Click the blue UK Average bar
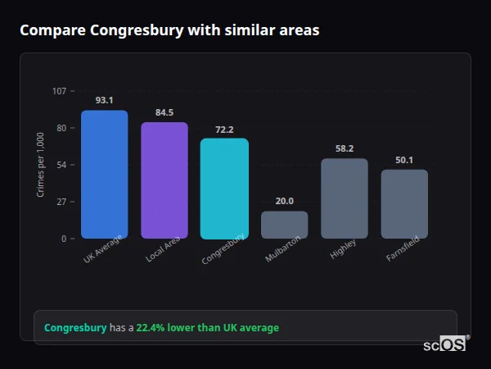pyautogui.click(x=104, y=175)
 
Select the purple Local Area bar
pyautogui.click(x=164, y=180)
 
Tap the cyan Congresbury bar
pyautogui.click(x=224, y=189)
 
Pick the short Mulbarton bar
pyautogui.click(x=284, y=225)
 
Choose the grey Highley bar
pyautogui.click(x=344, y=198)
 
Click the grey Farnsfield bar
pyautogui.click(x=404, y=203)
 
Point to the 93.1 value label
pyautogui.click(x=104, y=100)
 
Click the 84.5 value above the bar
pyautogui.click(x=164, y=112)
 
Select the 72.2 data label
pyautogui.click(x=224, y=129)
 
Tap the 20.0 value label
pyautogui.click(x=284, y=201)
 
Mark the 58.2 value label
pyautogui.click(x=344, y=148)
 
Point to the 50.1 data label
pyautogui.click(x=404, y=160)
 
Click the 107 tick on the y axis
pyautogui.click(x=59, y=91)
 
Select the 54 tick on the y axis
pyautogui.click(x=61, y=165)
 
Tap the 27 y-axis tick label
pyautogui.click(x=61, y=202)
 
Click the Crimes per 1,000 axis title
pyautogui.click(x=41, y=164)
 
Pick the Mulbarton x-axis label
pyautogui.click(x=283, y=250)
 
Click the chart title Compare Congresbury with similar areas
pyautogui.click(x=169, y=30)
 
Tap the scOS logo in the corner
pyautogui.click(x=445, y=344)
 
